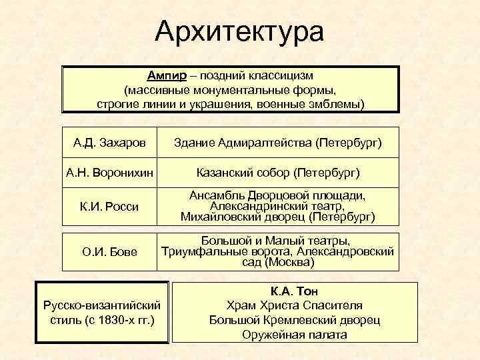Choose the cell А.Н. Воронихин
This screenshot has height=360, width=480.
[x=109, y=173]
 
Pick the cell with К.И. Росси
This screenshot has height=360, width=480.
[x=109, y=206]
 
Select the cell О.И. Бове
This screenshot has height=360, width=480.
[x=109, y=251]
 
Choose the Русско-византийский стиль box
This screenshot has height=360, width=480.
[x=101, y=312]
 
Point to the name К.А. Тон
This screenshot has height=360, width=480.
[x=294, y=291]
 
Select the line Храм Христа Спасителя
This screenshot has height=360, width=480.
[x=294, y=306]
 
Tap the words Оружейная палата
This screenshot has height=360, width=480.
[x=294, y=335]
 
